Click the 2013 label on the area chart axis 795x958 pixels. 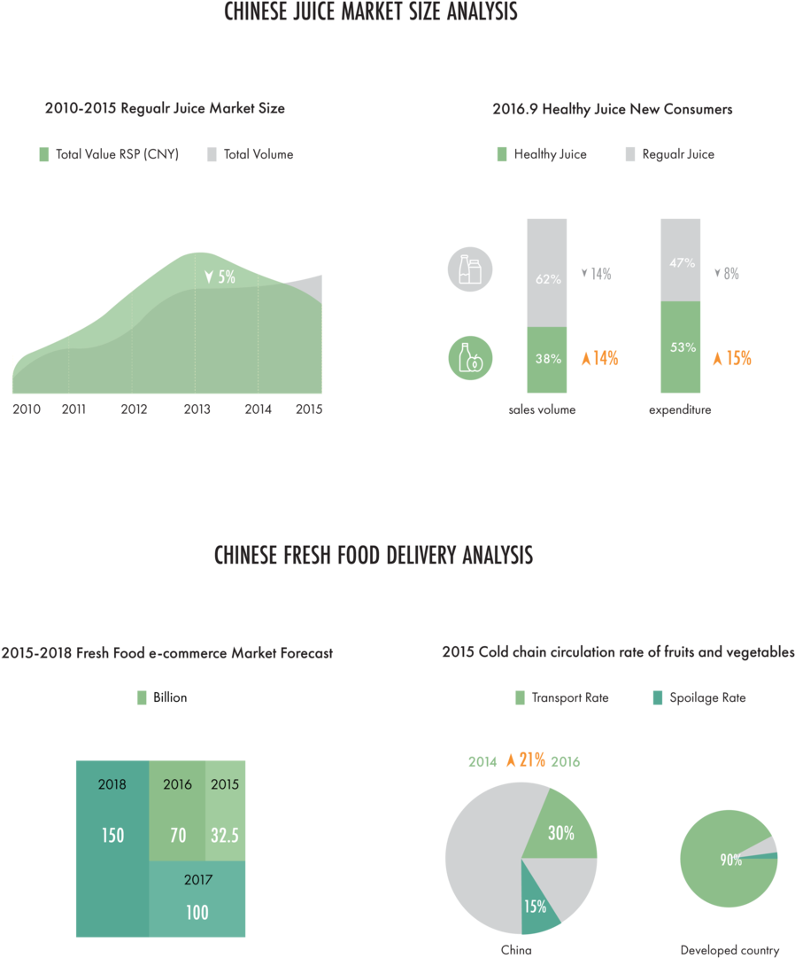pyautogui.click(x=197, y=409)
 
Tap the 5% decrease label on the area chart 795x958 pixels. pyautogui.click(x=220, y=276)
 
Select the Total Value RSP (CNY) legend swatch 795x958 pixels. pyautogui.click(x=43, y=154)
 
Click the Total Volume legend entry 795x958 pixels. pyautogui.click(x=251, y=154)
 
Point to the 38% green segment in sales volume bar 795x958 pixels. pyautogui.click(x=547, y=360)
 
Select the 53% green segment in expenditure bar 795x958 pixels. pyautogui.click(x=681, y=347)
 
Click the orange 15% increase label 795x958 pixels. pyautogui.click(x=733, y=359)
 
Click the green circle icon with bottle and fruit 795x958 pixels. pyautogui.click(x=469, y=359)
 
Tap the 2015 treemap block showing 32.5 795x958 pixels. pyautogui.click(x=225, y=810)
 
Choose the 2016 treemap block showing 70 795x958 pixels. pyautogui.click(x=177, y=810)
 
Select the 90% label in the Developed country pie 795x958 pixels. pyautogui.click(x=731, y=860)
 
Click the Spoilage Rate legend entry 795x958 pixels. pyautogui.click(x=699, y=698)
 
